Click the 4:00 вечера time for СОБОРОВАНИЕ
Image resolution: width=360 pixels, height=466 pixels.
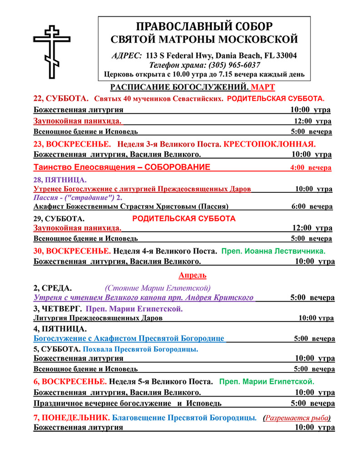pos(311,168)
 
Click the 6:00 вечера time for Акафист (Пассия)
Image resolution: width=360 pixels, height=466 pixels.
pos(311,206)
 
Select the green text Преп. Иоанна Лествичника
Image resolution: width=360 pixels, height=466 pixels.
pos(273,251)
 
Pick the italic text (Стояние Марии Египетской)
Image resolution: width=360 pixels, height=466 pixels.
pos(157,288)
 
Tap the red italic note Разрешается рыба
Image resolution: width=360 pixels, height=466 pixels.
pos(298,417)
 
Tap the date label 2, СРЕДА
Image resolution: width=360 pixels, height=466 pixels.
pos(53,288)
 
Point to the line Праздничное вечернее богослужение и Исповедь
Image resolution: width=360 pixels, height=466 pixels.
pos(128,403)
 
